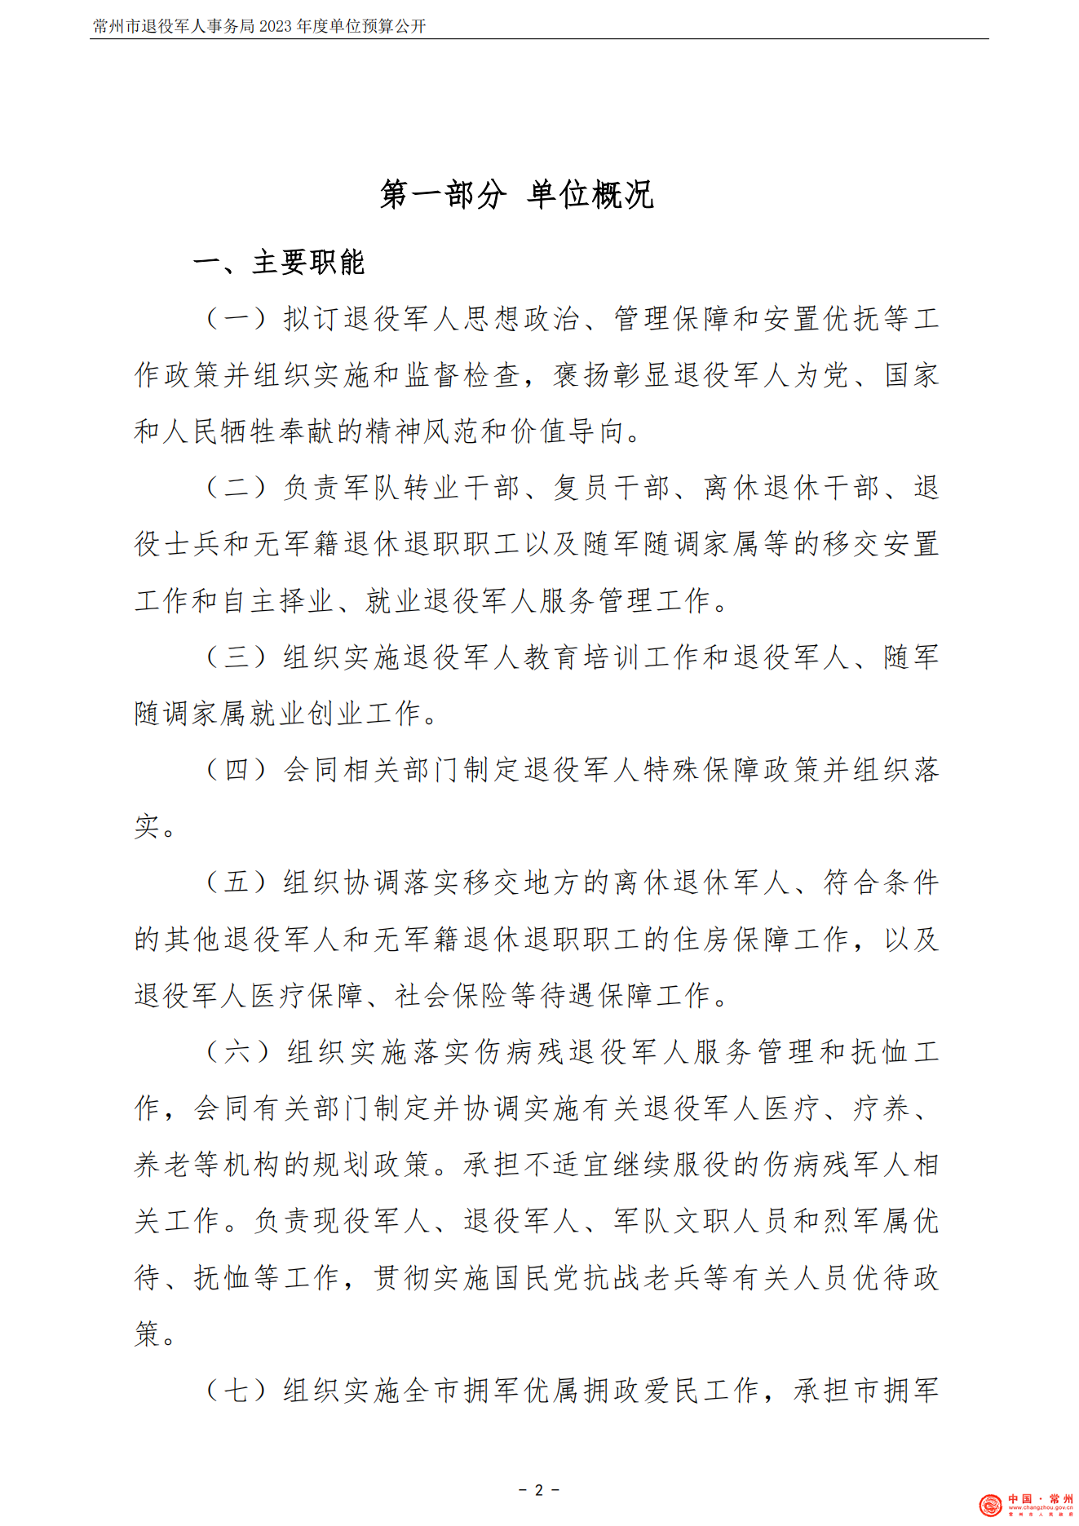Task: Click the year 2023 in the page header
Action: coord(276,26)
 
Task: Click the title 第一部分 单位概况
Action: coord(516,195)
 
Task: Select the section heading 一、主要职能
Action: coord(278,263)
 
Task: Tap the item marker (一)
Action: coord(237,318)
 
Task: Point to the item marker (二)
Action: coord(237,488)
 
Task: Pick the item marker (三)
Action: coord(237,657)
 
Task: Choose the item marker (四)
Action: coord(237,769)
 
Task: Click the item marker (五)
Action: coord(237,882)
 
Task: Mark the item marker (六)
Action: coord(238,1051)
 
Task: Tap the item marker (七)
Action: coord(237,1391)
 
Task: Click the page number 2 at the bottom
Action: coord(538,1490)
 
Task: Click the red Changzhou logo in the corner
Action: coord(990,1506)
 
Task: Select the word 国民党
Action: coord(537,1278)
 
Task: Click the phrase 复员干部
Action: coord(612,488)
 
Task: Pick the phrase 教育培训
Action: coord(583,657)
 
